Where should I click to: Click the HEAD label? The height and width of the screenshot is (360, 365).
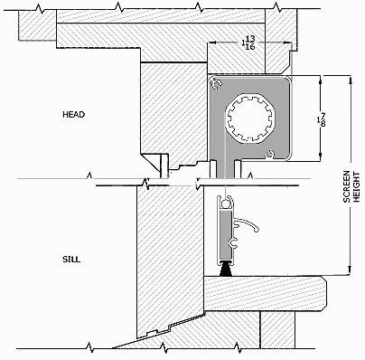tap(74, 115)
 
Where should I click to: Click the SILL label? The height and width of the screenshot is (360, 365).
tap(71, 260)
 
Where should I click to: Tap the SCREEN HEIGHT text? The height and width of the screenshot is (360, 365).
tap(351, 186)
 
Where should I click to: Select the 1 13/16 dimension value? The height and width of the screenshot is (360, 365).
tap(248, 43)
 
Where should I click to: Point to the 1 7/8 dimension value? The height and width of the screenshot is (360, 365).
tap(321, 119)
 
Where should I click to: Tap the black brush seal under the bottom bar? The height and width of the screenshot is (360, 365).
tap(226, 268)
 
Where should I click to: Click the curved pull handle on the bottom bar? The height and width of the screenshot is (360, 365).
tap(247, 224)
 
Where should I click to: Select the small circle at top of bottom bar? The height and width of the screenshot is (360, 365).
tap(224, 204)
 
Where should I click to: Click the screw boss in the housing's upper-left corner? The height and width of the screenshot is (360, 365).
tap(217, 84)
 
